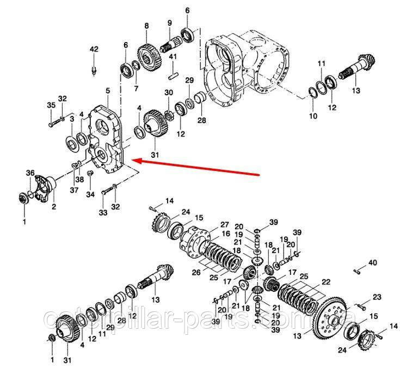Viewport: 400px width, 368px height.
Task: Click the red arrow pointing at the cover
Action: click(x=195, y=168)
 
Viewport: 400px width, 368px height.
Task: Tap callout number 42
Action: click(x=94, y=49)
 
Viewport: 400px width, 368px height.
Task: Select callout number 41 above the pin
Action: click(x=173, y=57)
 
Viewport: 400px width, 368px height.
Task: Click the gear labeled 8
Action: click(x=149, y=58)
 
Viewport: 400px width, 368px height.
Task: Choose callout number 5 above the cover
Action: click(x=108, y=90)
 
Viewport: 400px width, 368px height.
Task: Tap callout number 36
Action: click(x=30, y=173)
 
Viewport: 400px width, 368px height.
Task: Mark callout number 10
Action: click(x=313, y=115)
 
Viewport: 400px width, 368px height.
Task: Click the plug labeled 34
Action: click(x=90, y=174)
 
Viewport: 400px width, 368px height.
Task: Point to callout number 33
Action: click(x=103, y=212)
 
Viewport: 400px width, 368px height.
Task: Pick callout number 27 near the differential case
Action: click(x=225, y=225)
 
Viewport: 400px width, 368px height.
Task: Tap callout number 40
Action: click(x=373, y=262)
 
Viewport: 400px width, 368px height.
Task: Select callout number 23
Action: click(x=377, y=297)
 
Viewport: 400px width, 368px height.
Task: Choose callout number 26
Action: click(x=196, y=273)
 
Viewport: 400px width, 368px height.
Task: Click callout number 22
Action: click(x=326, y=282)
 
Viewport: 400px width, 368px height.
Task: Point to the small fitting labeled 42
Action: click(x=94, y=70)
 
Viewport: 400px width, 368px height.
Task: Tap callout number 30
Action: click(x=169, y=93)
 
